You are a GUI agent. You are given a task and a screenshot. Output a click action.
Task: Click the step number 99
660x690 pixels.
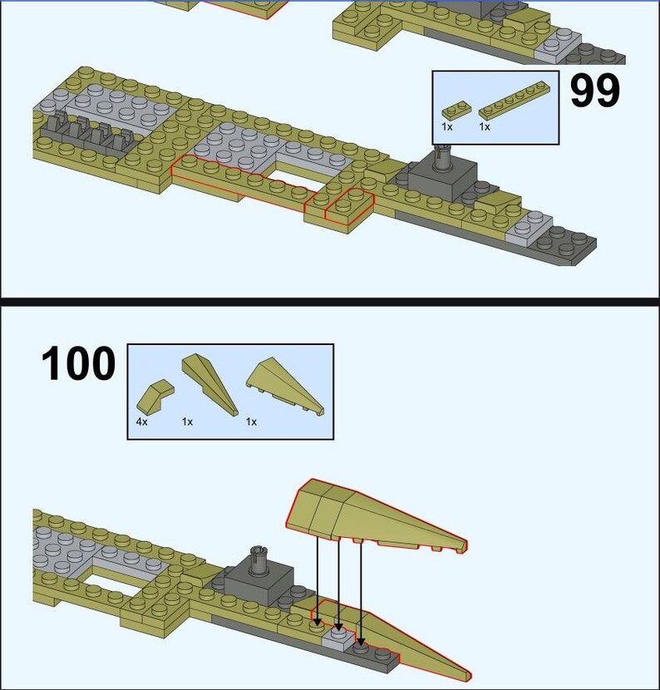click(594, 91)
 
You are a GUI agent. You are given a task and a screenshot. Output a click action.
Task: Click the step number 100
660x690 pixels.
click(78, 365)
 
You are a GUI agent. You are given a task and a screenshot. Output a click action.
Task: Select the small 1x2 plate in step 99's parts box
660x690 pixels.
click(456, 108)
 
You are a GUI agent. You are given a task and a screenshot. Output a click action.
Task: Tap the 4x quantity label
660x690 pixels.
click(142, 422)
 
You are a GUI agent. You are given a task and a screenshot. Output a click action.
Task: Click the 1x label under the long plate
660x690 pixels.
click(484, 127)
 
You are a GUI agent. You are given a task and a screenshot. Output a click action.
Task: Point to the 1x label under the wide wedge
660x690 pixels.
click(251, 422)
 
